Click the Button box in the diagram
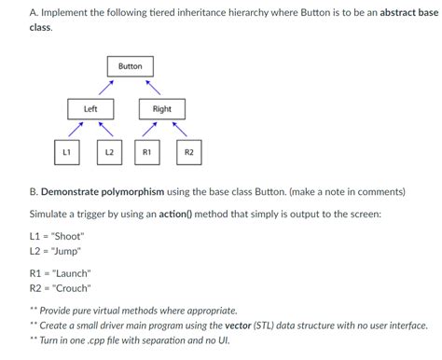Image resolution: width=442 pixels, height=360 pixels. (x=131, y=66)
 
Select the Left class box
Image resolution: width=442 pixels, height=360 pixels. (x=90, y=109)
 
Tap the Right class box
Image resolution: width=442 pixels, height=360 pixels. (x=162, y=109)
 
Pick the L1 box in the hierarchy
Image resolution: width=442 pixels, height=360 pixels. (x=65, y=151)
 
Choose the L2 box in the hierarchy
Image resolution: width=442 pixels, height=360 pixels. (x=109, y=151)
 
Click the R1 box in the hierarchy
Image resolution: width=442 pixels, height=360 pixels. (x=146, y=151)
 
